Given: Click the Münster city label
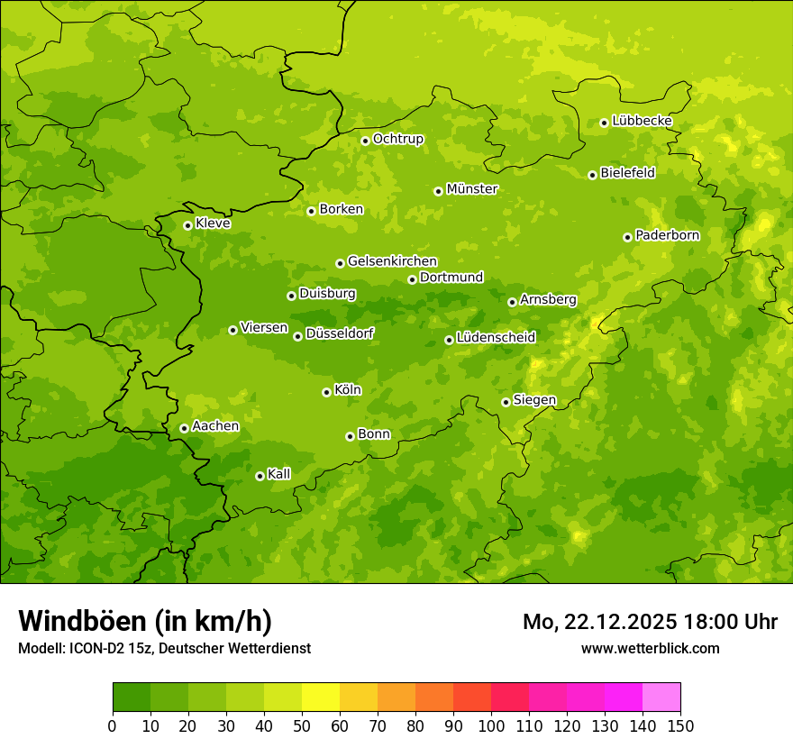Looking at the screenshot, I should point(471,189).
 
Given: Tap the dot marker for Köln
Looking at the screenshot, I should point(326,392).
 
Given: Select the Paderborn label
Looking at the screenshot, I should point(667,235).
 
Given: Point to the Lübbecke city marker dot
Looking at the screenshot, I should point(604,123).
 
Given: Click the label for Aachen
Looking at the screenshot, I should point(215,426).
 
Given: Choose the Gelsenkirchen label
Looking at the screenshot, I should point(392,261).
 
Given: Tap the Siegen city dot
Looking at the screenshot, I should point(506,402).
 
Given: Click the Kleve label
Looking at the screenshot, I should point(213,223).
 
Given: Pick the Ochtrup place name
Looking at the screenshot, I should point(397,139).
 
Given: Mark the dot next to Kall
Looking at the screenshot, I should point(260,476).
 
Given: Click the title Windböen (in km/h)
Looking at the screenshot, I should point(145,621).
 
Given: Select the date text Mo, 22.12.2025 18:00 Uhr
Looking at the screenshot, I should point(650,622).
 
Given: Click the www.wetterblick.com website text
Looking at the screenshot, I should point(650,648).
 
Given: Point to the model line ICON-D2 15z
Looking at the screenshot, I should point(164,648).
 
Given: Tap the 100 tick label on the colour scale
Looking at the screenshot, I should point(491,726).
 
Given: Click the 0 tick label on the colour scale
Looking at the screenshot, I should point(113,726).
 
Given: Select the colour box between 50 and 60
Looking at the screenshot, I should point(321,698).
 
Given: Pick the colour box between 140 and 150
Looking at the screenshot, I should point(661,698).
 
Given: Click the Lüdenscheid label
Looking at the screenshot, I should point(496,338).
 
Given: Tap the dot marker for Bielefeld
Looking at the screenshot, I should point(592,175).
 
